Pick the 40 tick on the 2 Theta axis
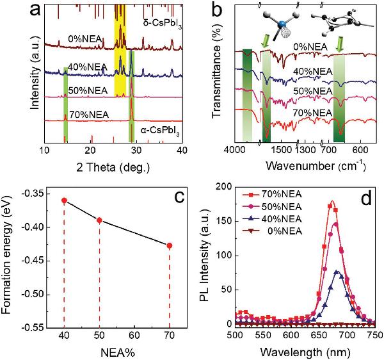pyautogui.click(x=182, y=151)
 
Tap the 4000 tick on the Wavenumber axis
pyautogui.click(x=237, y=151)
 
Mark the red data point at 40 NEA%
pyautogui.click(x=64, y=200)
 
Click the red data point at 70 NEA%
pyautogui.click(x=170, y=245)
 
